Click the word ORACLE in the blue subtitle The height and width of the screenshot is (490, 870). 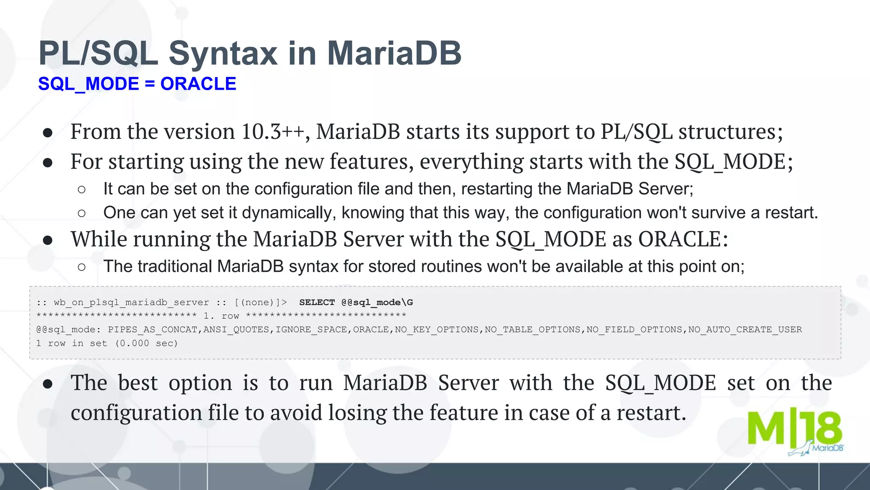point(198,84)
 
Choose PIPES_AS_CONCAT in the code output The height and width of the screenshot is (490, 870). point(153,329)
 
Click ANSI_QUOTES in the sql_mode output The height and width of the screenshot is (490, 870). point(236,329)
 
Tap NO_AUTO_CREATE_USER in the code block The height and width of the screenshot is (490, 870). point(745,329)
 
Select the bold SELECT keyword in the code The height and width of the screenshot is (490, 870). point(317,302)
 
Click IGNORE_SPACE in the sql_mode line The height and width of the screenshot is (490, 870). point(311,329)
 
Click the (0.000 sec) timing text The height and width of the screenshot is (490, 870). point(146,343)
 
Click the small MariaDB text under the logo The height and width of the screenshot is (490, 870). point(827,448)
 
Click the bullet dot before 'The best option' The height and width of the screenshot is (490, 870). point(48,384)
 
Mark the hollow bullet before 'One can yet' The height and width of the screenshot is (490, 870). point(82,213)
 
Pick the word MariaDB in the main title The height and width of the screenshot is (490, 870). point(394,54)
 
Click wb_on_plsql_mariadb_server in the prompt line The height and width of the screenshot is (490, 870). point(131,302)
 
